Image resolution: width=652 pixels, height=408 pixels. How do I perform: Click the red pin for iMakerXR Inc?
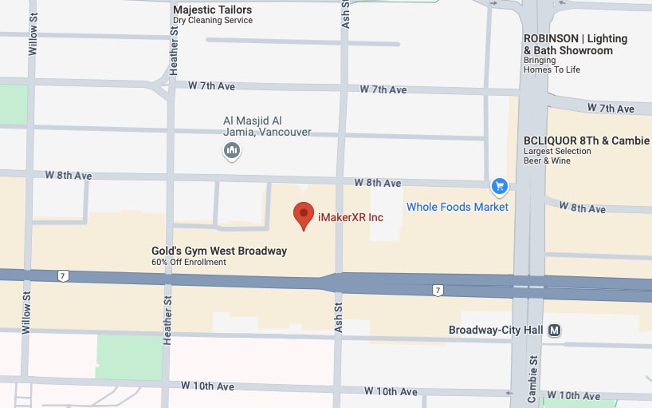[x=303, y=215]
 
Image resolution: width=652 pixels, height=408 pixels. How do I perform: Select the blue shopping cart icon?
[x=500, y=187]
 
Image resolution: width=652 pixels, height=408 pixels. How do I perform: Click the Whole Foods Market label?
[x=457, y=207]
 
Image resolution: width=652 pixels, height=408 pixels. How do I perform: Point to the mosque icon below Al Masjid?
[x=232, y=149]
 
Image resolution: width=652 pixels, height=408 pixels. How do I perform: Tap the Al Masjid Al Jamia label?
[x=266, y=126]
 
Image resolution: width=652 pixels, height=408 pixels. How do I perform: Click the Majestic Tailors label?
[x=212, y=10]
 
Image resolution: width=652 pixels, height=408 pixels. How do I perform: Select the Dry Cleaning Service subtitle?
[x=212, y=21]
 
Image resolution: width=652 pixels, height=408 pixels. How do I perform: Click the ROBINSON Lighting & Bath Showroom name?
[x=575, y=44]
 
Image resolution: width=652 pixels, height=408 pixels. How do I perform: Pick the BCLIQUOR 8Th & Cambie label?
[x=587, y=141]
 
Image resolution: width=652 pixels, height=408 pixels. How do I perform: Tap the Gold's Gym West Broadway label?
[x=218, y=251]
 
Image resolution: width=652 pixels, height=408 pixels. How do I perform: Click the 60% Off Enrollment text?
[x=189, y=262]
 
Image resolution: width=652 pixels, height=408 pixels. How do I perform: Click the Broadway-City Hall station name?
[x=495, y=330]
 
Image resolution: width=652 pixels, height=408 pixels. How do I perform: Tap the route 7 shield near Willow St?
[x=63, y=276]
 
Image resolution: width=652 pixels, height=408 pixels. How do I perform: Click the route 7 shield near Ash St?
[x=438, y=290]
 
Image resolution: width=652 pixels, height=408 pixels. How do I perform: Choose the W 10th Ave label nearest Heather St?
[x=207, y=386]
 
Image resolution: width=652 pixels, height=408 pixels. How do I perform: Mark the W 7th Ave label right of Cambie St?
[x=611, y=108]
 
